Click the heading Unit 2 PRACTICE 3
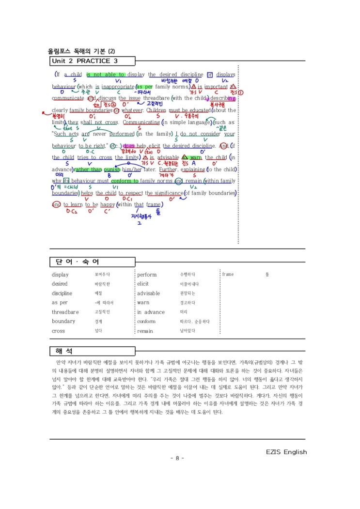(84, 61)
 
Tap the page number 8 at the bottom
(177, 458)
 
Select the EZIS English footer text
(286, 452)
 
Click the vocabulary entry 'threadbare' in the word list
(65, 312)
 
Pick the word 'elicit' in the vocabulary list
(143, 284)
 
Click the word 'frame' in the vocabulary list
(228, 275)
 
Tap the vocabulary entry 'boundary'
(63, 322)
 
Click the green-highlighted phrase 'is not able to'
(106, 75)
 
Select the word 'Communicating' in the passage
(141, 122)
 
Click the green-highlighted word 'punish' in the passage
(112, 170)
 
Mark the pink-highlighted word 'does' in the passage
(129, 146)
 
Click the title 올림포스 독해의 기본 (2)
(81, 51)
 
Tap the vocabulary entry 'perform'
(147, 275)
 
